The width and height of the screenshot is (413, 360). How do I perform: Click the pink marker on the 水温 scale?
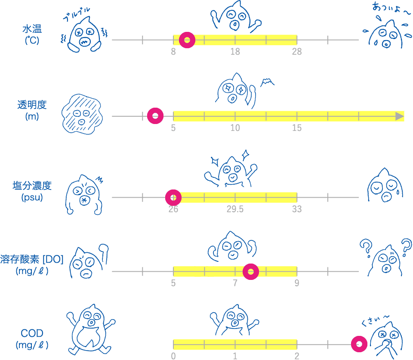coord(187,40)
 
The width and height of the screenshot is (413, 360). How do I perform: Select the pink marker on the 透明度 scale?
coord(155,116)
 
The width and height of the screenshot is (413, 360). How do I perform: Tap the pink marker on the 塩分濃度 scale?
coord(173,197)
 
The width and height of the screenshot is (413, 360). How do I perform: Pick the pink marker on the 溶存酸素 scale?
coord(250,272)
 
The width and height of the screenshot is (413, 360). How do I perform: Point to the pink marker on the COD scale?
coord(359,344)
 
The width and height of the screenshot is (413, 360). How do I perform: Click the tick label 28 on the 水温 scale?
coord(297,52)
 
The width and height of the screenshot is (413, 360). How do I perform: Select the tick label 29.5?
coord(235,209)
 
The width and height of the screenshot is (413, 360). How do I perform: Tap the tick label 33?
coord(297,209)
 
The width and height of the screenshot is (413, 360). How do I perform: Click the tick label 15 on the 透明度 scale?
coord(297,128)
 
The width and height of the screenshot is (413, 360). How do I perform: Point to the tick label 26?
coord(173,209)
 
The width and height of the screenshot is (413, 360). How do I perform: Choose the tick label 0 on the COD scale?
coord(173,356)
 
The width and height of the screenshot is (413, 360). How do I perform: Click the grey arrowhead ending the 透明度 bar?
coord(400,116)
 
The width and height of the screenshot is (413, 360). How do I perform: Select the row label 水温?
coord(32,29)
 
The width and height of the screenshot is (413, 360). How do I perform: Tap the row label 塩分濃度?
coord(32,186)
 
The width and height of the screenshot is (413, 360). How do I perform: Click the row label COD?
coord(32,333)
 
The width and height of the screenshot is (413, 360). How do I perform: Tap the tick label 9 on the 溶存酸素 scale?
coord(297,283)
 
